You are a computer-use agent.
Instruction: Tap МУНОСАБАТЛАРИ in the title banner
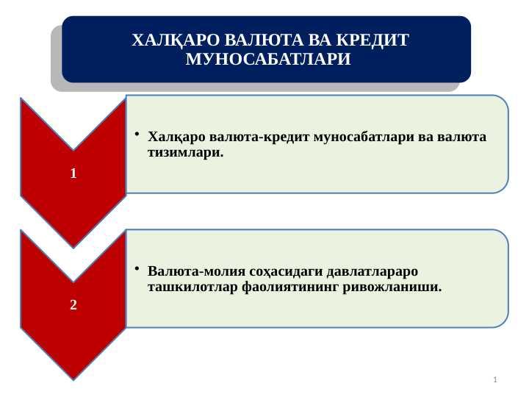pyautogui.click(x=268, y=59)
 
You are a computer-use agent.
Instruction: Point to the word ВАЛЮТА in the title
pyautogui.click(x=264, y=40)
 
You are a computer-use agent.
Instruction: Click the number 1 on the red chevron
pyautogui.click(x=73, y=174)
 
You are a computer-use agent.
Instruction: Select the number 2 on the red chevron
pyautogui.click(x=73, y=305)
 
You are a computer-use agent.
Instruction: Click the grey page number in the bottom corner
pyautogui.click(x=495, y=380)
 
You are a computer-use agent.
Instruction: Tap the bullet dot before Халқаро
pyautogui.click(x=137, y=134)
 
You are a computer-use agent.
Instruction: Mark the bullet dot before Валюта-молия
pyautogui.click(x=137, y=269)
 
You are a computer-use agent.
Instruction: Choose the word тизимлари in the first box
pyautogui.click(x=186, y=153)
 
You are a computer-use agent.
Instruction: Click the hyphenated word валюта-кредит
pyautogui.click(x=259, y=137)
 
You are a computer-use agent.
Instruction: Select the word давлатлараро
pyautogui.click(x=373, y=271)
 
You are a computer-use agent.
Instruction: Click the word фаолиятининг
pyautogui.click(x=290, y=287)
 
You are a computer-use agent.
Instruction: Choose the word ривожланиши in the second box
pyautogui.click(x=392, y=287)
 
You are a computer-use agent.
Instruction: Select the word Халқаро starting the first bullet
pyautogui.click(x=176, y=137)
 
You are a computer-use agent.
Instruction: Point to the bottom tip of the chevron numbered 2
pyautogui.click(x=73, y=381)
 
